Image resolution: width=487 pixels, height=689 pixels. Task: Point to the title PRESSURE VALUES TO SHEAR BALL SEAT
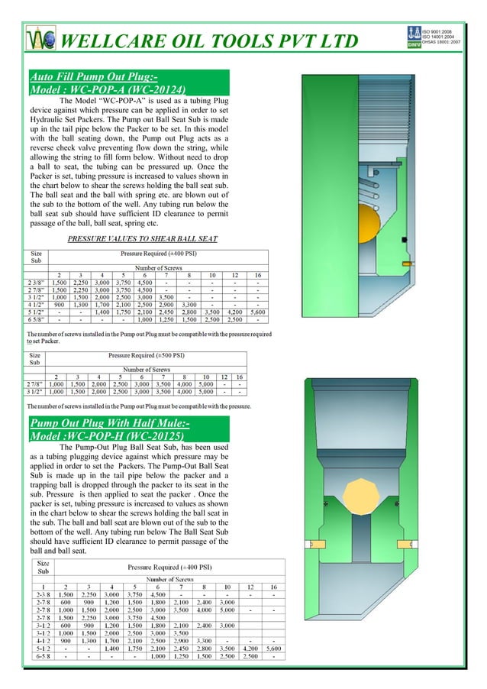[143, 239]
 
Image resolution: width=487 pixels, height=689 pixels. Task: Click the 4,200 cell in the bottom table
[250, 648]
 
